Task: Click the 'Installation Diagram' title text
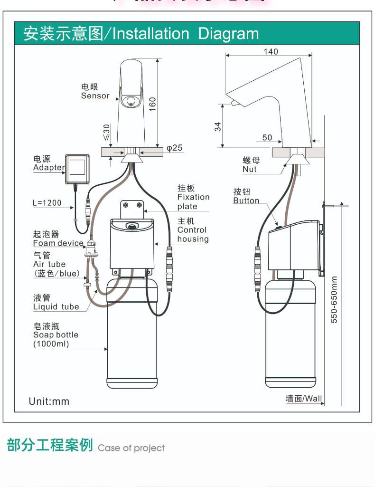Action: [186, 34]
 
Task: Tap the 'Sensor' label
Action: [95, 95]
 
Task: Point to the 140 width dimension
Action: [271, 51]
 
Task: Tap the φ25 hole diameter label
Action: [174, 148]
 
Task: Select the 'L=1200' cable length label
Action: [47, 203]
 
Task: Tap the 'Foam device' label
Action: [58, 243]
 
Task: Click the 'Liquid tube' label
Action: [56, 307]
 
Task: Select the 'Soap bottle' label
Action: [56, 334]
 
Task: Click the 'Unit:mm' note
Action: [49, 401]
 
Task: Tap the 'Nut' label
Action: [250, 169]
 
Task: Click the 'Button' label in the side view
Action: [246, 201]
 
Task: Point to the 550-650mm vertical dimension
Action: [334, 299]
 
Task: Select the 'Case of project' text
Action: [131, 448]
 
